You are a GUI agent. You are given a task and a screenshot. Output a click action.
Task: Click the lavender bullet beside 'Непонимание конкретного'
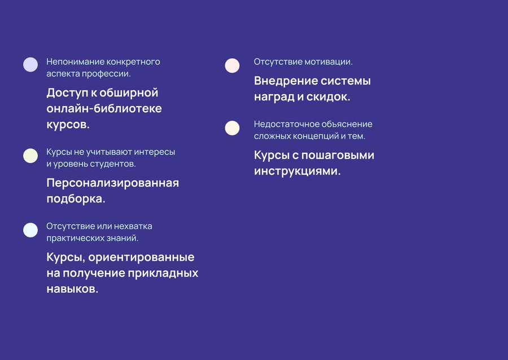[30, 64]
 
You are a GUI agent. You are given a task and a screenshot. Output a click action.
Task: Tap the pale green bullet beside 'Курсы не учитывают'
[30, 156]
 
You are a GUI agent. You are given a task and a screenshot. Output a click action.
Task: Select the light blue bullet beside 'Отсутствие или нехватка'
[30, 230]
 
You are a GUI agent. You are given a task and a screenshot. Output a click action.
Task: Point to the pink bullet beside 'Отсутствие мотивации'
[233, 65]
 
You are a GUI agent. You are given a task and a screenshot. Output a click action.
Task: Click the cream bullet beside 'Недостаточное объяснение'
[233, 128]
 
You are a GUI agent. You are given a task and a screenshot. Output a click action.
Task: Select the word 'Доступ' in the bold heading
[67, 93]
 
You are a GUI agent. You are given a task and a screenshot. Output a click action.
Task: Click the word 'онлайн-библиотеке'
[104, 108]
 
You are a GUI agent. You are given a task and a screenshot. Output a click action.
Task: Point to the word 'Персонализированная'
[113, 183]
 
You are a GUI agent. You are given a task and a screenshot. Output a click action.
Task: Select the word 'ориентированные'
[141, 257]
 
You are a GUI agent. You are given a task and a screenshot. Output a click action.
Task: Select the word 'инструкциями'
[297, 171]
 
